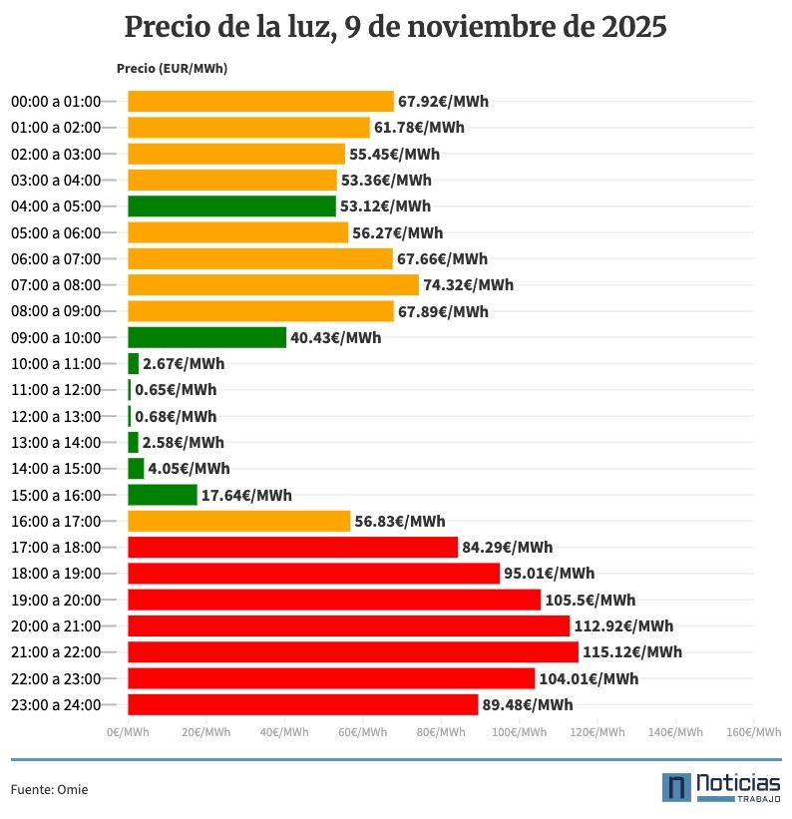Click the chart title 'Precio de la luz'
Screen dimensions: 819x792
point(395,27)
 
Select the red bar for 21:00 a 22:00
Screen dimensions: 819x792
point(352,651)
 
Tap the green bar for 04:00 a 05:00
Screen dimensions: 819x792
point(231,206)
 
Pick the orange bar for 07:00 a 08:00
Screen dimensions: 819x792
point(272,285)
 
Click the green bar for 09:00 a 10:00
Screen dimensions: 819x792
point(206,337)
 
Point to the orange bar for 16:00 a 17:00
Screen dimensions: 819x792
point(238,521)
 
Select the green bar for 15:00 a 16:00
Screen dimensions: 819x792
point(162,495)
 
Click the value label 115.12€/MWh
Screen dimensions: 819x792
point(632,652)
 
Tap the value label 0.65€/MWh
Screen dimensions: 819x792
point(176,390)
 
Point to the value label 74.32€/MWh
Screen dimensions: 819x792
point(468,285)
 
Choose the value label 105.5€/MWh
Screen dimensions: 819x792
point(590,600)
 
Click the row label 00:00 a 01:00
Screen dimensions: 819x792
point(56,102)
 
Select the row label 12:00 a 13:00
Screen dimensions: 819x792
point(56,416)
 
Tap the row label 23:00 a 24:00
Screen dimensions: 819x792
point(56,704)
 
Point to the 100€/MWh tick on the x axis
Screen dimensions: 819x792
point(519,732)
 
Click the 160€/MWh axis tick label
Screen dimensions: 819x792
point(753,732)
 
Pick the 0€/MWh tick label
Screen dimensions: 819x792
point(128,732)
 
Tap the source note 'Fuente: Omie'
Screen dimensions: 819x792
point(49,789)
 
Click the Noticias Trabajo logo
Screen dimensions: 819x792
point(720,786)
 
